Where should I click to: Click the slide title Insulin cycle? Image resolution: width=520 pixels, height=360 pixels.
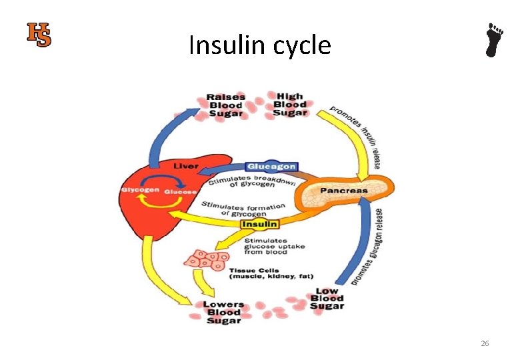[x=259, y=46]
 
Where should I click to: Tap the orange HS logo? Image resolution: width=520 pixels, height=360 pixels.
[x=39, y=35]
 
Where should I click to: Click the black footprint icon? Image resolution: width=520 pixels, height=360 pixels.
[x=493, y=40]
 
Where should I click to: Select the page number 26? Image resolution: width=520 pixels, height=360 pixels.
[x=485, y=343]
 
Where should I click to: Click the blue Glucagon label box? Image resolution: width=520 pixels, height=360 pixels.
[x=271, y=167]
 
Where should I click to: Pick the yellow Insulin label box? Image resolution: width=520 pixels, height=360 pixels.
[x=260, y=225]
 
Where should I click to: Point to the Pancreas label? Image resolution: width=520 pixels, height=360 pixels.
[x=344, y=190]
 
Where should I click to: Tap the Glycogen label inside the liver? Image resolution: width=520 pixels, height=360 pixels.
[x=140, y=191]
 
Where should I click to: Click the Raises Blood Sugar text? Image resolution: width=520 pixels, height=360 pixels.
[x=226, y=105]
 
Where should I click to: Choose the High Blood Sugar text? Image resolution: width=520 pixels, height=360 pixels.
[x=290, y=105]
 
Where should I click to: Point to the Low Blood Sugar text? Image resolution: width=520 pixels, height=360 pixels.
[x=327, y=298]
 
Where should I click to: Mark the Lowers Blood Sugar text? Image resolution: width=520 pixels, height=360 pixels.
[x=223, y=312]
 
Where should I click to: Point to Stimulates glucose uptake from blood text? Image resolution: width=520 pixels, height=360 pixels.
[x=275, y=247]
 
